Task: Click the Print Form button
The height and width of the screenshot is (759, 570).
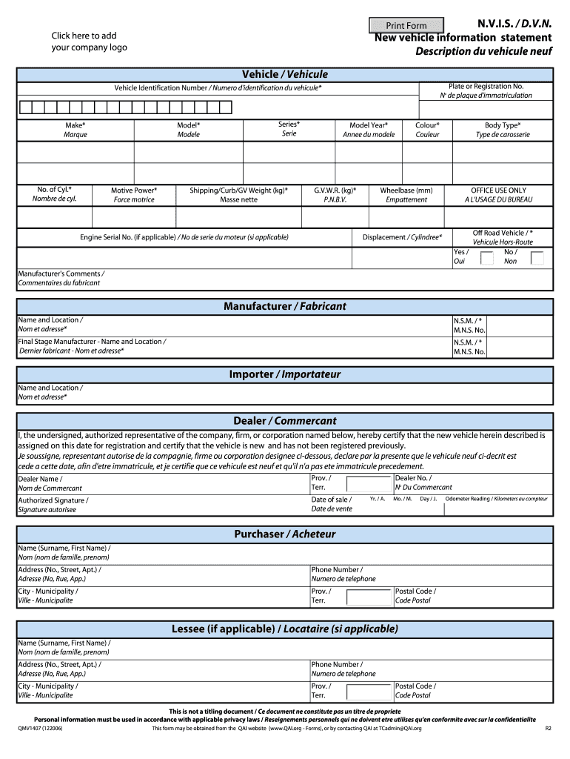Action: pos(406,25)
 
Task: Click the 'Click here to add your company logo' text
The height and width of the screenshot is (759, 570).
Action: pos(89,42)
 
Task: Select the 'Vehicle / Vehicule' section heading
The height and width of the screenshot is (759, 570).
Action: pos(285,74)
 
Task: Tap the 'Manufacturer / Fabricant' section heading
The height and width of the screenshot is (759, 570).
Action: pos(285,306)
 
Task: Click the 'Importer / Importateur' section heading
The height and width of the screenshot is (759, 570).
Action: pos(285,374)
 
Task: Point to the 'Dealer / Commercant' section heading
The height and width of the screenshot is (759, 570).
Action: pos(285,420)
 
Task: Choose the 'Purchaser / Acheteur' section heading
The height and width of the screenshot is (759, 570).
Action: pos(285,534)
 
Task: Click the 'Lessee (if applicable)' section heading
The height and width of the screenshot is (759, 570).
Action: pos(285,629)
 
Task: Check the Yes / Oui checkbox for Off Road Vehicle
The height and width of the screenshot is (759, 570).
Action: pos(487,258)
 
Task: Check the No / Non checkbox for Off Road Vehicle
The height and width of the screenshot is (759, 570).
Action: pos(537,258)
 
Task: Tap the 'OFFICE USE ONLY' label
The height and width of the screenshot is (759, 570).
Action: pos(498,190)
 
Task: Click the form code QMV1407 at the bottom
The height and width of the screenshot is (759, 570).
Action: pos(41,729)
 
